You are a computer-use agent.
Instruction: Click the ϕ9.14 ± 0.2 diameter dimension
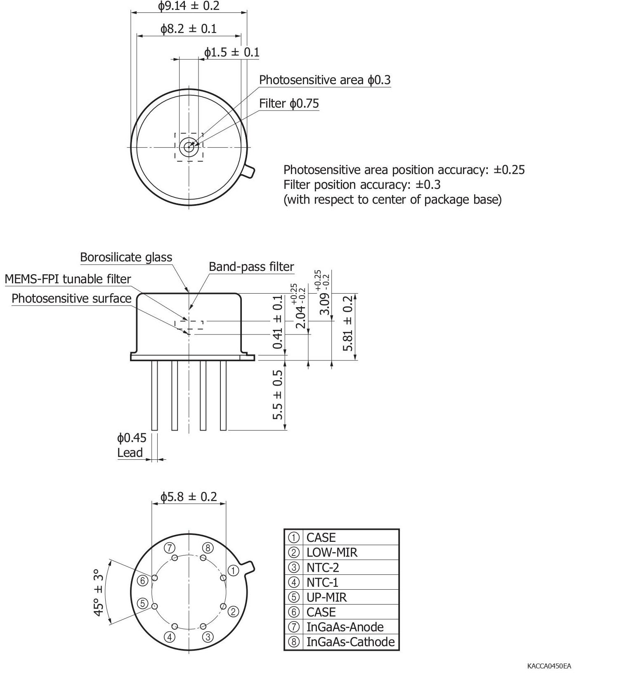(x=189, y=6)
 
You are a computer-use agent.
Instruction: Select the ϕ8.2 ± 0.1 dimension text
(x=189, y=28)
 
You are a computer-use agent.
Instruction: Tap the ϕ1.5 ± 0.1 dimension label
(x=232, y=52)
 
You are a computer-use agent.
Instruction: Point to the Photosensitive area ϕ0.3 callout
(x=324, y=80)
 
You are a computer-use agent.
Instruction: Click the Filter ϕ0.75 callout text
(x=289, y=103)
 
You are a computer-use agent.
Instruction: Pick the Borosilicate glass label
(x=126, y=257)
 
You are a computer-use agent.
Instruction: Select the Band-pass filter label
(x=251, y=267)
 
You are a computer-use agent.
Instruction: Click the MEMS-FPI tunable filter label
(x=68, y=279)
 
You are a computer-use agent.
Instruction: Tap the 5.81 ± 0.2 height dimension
(x=349, y=323)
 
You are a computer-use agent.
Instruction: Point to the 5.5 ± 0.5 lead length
(x=278, y=395)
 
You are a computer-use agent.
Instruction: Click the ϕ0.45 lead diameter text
(x=132, y=438)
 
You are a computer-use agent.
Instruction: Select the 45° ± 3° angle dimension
(x=98, y=593)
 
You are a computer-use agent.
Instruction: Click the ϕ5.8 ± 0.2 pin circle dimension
(x=189, y=496)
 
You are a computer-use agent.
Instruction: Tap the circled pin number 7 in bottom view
(x=170, y=548)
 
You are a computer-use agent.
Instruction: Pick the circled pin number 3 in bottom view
(x=208, y=637)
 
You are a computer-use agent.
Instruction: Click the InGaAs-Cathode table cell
(x=350, y=642)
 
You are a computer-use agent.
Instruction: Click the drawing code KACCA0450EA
(x=549, y=666)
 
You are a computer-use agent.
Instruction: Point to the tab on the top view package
(x=249, y=171)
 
